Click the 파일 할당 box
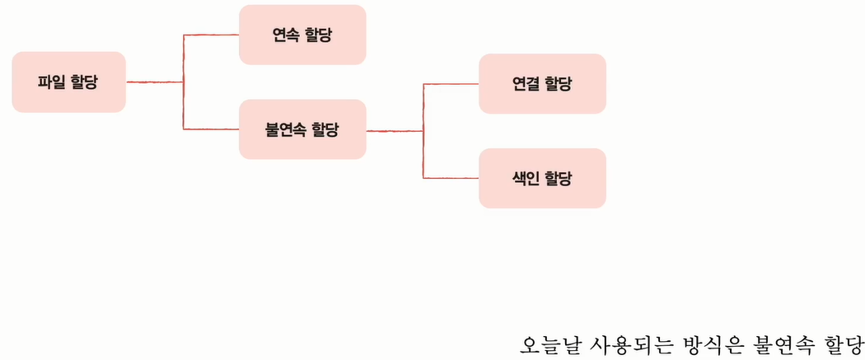point(68,82)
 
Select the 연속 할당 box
point(302,35)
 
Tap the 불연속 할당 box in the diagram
point(302,129)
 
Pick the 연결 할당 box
point(542,83)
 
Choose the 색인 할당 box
point(542,178)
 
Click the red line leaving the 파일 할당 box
point(153,82)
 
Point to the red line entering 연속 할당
point(211,35)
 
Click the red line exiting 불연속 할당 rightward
point(394,130)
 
